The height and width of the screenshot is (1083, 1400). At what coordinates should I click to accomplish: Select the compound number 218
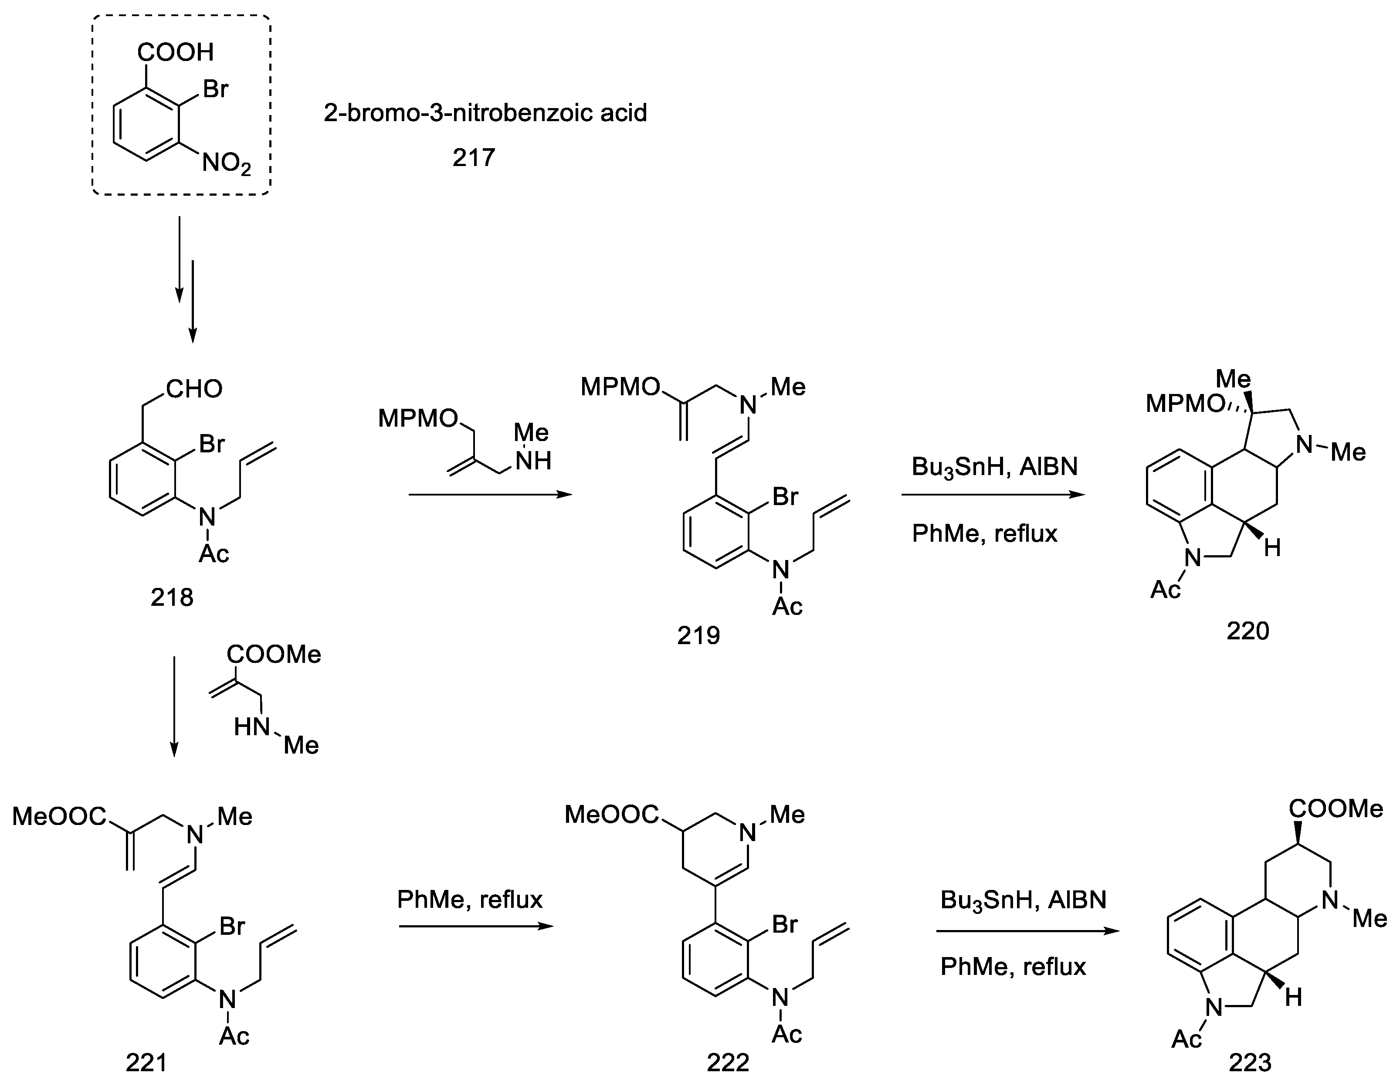coord(172,598)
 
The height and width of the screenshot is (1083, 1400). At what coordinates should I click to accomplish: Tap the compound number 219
coord(699,635)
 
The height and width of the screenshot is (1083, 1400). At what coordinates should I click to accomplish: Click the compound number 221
coord(146,1063)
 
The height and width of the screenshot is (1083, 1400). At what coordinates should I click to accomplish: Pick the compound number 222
coord(728,1063)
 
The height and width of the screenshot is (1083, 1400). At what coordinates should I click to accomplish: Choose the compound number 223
coord(1250,1063)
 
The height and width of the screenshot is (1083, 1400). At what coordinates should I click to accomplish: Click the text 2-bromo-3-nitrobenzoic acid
coord(485,113)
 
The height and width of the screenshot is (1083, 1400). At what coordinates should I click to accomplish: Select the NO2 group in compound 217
coord(226,163)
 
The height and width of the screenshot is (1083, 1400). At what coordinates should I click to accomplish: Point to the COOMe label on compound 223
coord(1336,809)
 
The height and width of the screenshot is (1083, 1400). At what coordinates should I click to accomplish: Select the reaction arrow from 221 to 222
coord(476,927)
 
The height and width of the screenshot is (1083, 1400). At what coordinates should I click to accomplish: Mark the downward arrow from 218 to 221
coord(174,705)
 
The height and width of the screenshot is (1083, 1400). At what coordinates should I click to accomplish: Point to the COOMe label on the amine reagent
coord(274,654)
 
